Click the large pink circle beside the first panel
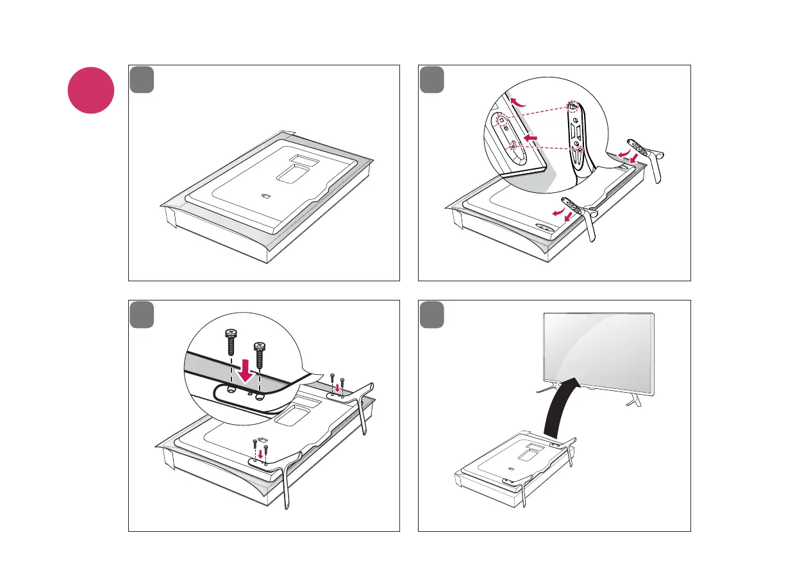click(x=91, y=90)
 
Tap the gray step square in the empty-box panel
click(x=142, y=79)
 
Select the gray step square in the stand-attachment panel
click(x=431, y=79)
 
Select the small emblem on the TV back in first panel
click(x=267, y=197)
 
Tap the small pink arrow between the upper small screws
click(x=337, y=387)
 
